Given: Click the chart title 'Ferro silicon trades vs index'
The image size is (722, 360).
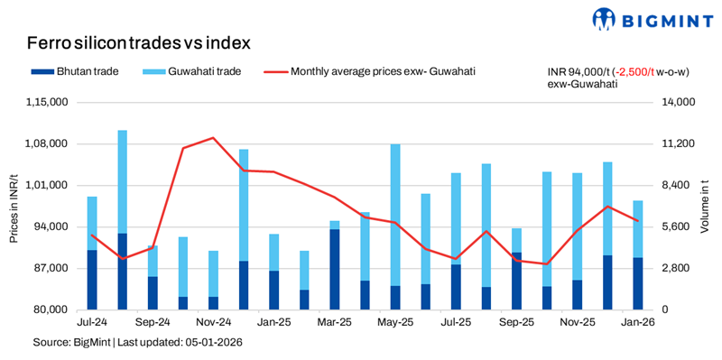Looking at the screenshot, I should point(138,42).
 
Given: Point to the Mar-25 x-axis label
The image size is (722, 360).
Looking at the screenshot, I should point(335,321).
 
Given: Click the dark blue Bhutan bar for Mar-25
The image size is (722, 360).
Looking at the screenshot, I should point(335,269).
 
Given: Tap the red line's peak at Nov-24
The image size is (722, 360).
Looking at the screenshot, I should point(213,138).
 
